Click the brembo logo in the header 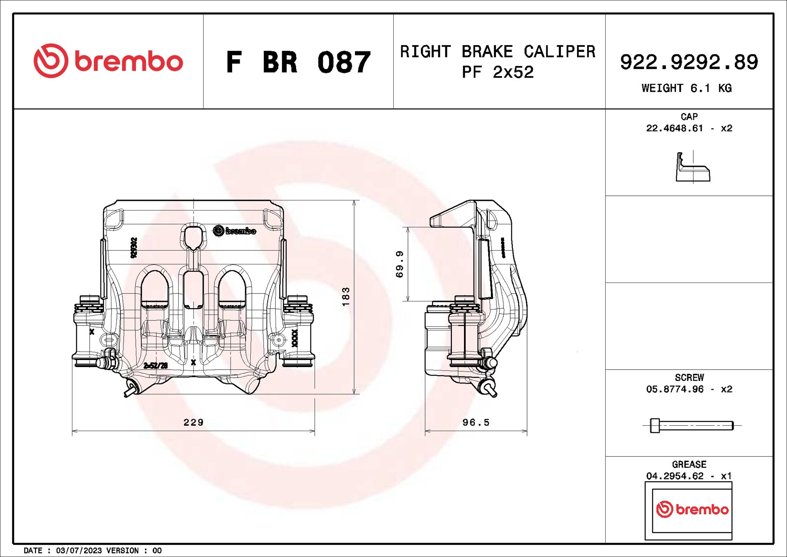tap(108, 61)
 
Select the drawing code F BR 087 tap(298, 62)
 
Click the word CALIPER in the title tap(559, 52)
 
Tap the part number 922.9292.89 tap(689, 62)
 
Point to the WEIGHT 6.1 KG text tap(686, 88)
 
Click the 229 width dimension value tap(193, 422)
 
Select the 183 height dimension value tap(346, 296)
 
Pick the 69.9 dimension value tap(400, 264)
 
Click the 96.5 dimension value tap(476, 422)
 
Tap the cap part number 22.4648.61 tap(674, 128)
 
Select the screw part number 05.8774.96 tap(674, 389)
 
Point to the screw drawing tap(691, 426)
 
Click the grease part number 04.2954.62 tap(674, 476)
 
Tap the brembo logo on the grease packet tap(692, 509)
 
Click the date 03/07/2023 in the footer tap(79, 551)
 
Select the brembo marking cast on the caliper tap(234, 231)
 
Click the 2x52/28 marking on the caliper tap(156, 366)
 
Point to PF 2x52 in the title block tap(497, 73)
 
